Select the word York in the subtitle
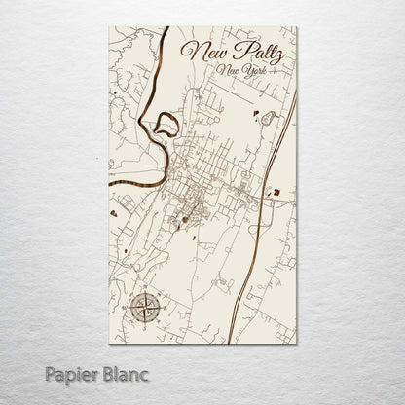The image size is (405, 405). [261, 72]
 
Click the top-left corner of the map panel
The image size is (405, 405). [109, 26]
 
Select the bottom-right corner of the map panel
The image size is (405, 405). [297, 344]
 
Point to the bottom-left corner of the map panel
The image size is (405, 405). [109, 344]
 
